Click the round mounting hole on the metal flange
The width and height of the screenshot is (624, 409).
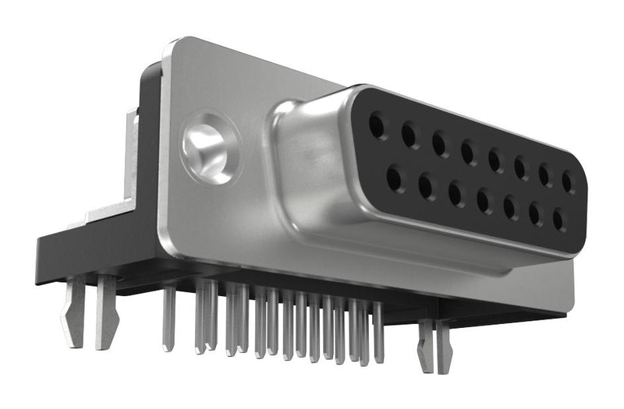coord(209,148)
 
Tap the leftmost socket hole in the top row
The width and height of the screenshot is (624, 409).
coord(378,125)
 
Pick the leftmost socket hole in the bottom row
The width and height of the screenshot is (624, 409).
coord(394,179)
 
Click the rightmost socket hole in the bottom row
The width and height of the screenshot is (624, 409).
coord(558,220)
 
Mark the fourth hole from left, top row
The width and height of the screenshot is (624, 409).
coord(469,153)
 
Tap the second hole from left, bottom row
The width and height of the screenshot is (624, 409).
coord(426,187)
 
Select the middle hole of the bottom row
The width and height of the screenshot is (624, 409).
coord(484,202)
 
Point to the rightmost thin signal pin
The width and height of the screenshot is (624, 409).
coord(378,332)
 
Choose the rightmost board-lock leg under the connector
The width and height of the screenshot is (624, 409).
coord(444,347)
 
